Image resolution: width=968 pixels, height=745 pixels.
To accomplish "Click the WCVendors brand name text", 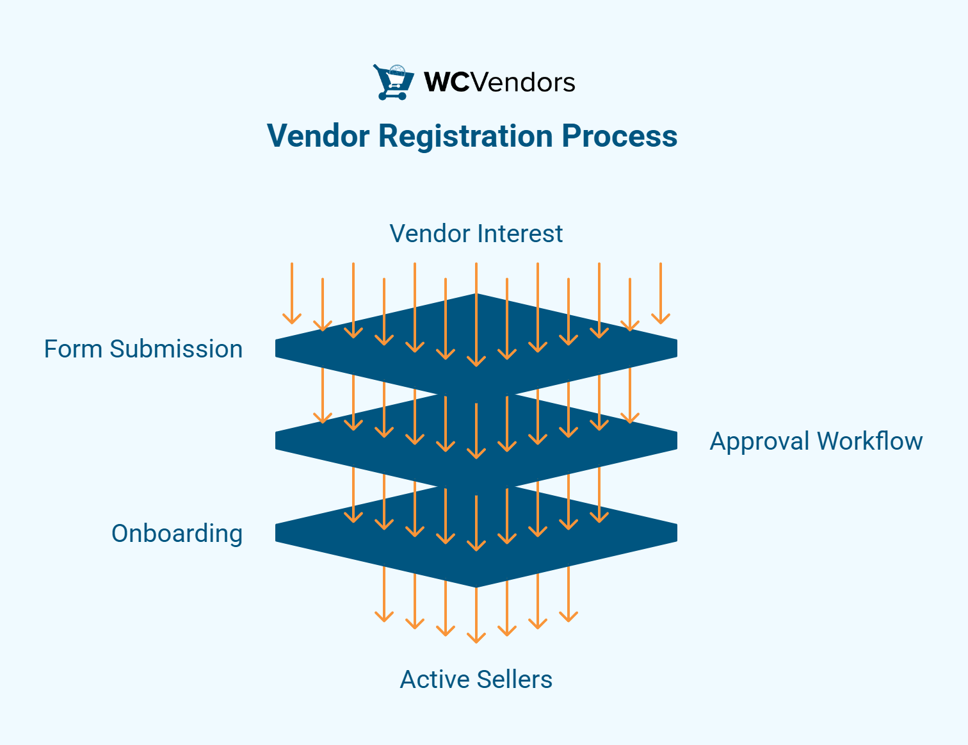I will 499,83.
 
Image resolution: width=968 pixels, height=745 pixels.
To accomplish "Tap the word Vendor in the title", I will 318,136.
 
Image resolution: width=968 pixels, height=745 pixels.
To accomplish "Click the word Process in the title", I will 619,136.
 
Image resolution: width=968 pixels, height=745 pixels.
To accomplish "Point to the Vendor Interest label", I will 476,234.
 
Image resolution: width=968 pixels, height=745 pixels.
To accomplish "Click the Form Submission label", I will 143,349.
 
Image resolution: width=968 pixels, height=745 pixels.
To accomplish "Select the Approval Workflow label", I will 816,441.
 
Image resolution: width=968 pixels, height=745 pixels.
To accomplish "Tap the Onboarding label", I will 177,534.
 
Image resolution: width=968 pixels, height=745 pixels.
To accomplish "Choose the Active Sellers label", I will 476,680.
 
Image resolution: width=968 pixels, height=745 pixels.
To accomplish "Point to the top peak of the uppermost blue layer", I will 476,296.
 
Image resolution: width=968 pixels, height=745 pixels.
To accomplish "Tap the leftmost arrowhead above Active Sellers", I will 384,618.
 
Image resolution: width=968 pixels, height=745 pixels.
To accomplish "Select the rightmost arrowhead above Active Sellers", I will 569,618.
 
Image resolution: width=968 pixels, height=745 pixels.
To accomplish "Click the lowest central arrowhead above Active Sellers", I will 476,638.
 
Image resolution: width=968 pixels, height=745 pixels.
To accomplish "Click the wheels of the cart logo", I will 392,97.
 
